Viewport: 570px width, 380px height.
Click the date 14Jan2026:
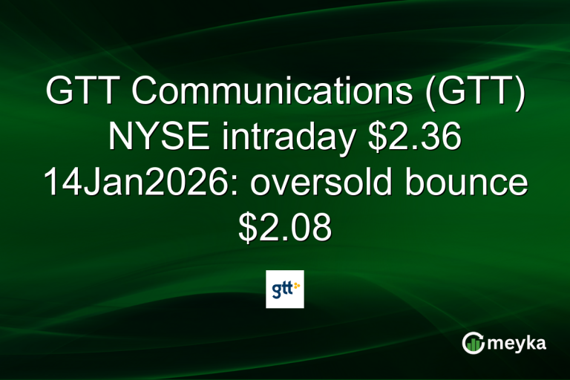136,183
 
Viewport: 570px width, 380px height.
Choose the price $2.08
285,228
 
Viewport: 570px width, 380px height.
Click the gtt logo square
285,289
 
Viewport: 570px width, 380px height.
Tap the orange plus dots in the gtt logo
297,285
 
